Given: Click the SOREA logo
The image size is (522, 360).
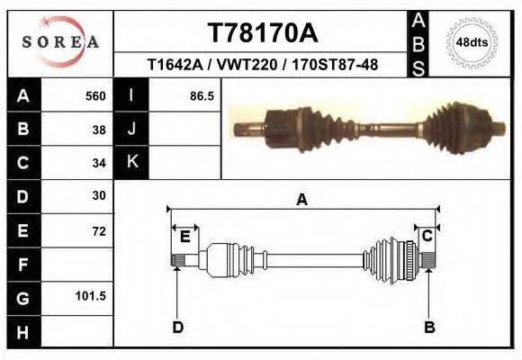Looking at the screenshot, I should tap(59, 42).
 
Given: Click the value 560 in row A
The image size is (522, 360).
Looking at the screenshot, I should tap(94, 96).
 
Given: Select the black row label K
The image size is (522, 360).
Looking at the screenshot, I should tap(131, 163).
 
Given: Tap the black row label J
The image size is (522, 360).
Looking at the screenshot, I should tap(131, 130).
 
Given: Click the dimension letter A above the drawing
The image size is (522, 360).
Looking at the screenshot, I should tap(301, 200).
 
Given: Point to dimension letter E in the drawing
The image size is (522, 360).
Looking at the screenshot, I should tap(184, 237).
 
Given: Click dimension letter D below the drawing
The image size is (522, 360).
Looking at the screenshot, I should tap(177, 327).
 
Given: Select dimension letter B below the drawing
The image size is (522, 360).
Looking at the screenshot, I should tap(429, 327).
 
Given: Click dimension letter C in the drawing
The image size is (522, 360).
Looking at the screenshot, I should tap(427, 237).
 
